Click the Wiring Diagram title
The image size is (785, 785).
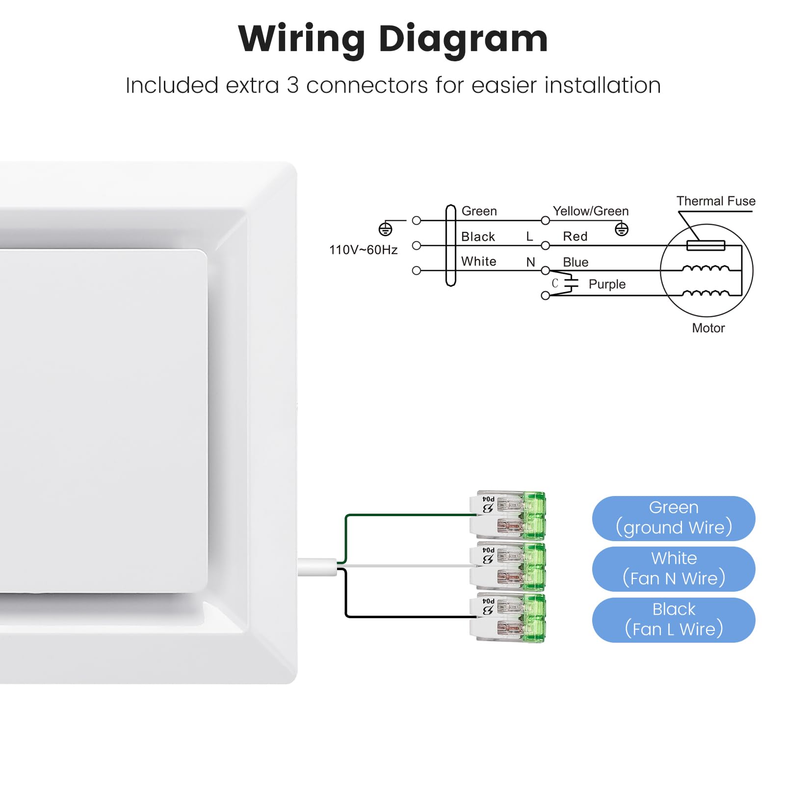pos(392,39)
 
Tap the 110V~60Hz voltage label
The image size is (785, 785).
pos(363,250)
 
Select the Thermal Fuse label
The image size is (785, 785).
pos(716,201)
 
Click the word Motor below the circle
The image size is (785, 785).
pos(708,328)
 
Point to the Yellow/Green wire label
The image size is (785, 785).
pos(591,211)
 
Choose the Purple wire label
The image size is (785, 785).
pos(607,284)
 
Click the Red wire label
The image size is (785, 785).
pos(575,236)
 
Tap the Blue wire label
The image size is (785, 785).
pos(576,262)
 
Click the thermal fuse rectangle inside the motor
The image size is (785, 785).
pos(706,245)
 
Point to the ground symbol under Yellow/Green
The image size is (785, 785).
pos(622,229)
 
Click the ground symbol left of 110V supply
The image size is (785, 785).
pos(386,229)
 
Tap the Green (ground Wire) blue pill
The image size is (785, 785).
pos(674,518)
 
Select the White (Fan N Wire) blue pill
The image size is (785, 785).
pos(674,569)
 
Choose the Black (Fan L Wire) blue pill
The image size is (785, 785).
pos(674,620)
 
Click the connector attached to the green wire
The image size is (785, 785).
pos(507,515)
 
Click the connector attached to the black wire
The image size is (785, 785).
pos(507,617)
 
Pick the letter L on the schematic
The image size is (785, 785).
pos(529,236)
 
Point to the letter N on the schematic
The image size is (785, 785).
pos(530,262)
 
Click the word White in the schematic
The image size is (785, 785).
pos(478,262)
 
